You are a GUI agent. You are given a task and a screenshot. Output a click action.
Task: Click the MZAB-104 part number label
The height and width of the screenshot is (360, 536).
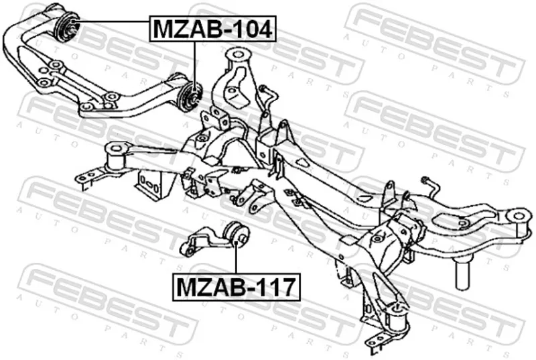tap(212, 29)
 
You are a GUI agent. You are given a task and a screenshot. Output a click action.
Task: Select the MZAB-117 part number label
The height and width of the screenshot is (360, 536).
tap(237, 287)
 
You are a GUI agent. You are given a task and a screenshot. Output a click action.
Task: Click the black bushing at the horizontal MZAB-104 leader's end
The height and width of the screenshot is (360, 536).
tap(67, 27)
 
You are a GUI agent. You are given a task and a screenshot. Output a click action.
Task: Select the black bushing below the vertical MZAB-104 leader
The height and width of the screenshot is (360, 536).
tap(190, 97)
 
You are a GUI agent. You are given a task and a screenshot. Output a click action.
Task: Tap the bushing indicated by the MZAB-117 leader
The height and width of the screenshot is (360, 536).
tap(236, 235)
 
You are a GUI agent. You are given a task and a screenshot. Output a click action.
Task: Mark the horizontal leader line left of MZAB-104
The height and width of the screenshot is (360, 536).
tap(112, 21)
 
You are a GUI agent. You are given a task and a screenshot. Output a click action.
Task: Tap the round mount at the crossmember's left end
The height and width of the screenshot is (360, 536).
tap(117, 157)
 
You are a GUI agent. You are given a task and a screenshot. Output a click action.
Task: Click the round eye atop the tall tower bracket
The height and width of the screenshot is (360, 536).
tap(239, 55)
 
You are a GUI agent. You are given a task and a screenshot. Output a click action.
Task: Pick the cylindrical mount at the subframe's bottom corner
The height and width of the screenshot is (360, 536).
tap(397, 316)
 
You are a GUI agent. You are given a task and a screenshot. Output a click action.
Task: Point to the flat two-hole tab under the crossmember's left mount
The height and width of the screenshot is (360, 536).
tap(90, 178)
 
